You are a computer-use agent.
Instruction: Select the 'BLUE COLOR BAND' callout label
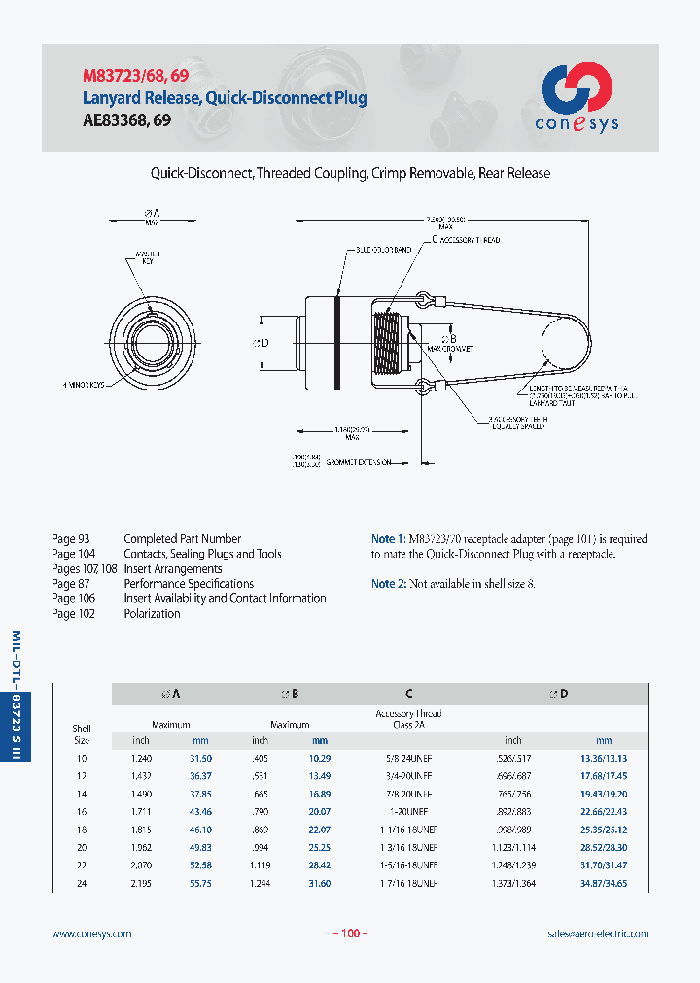pyautogui.click(x=382, y=250)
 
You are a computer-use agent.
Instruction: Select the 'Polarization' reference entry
pyautogui.click(x=152, y=614)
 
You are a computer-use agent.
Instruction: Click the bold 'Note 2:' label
pyautogui.click(x=389, y=584)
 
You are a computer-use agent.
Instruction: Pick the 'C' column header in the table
pyautogui.click(x=409, y=694)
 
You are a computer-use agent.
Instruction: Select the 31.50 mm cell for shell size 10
pyautogui.click(x=200, y=757)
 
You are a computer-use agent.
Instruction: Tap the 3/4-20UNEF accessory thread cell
pyautogui.click(x=408, y=775)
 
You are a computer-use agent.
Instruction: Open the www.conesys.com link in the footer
pyautogui.click(x=91, y=933)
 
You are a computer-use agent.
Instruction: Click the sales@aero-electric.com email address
pyautogui.click(x=598, y=933)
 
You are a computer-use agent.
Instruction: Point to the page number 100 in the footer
pyautogui.click(x=350, y=933)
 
